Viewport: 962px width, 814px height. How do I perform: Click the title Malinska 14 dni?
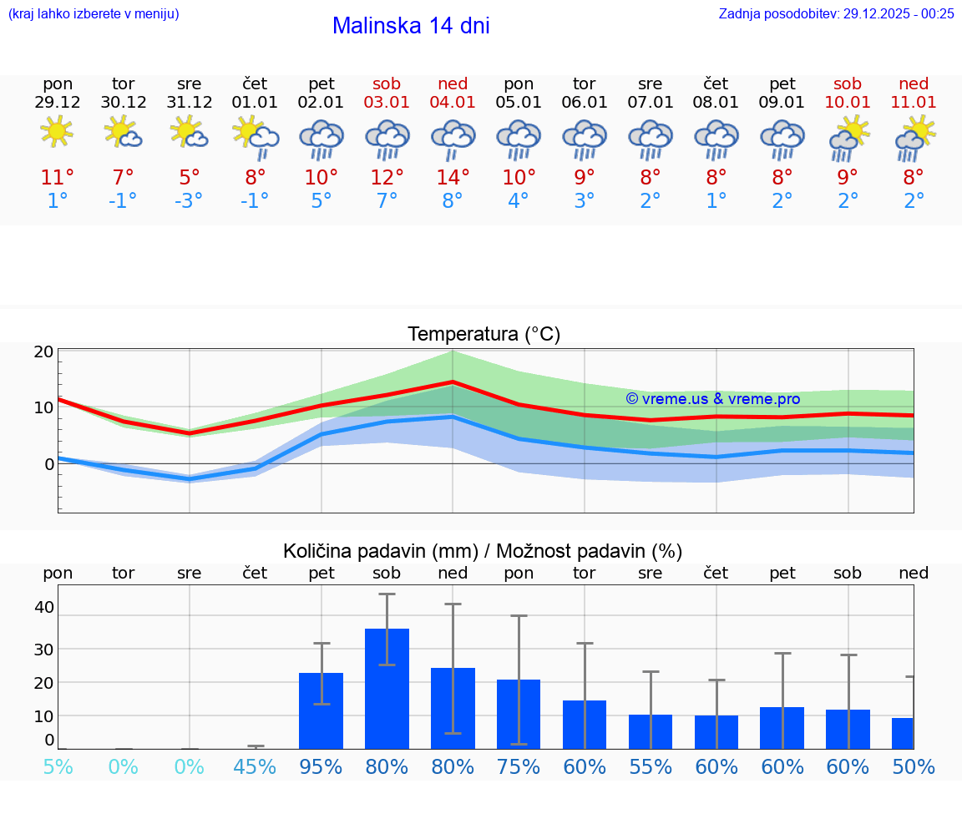coord(411,26)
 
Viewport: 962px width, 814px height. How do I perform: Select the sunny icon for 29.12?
coord(57,132)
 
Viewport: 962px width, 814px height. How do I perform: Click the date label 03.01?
coord(387,103)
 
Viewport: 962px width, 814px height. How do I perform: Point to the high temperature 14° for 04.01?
coord(452,177)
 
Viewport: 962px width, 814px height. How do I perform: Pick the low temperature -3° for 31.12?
coord(189,201)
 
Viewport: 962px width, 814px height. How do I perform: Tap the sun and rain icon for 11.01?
coord(914,138)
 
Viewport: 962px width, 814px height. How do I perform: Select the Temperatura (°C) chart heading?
coord(484,335)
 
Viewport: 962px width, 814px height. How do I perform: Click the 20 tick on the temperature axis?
coord(44,351)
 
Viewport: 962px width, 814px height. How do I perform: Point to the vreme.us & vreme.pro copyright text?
coord(712,399)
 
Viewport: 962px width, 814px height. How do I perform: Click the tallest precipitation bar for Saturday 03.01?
coord(387,688)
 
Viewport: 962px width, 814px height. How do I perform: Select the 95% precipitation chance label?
coord(321,766)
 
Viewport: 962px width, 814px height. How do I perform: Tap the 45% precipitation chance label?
coord(255,766)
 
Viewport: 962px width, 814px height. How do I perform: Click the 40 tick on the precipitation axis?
coord(44,607)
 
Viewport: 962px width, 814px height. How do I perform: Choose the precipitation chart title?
coord(483,551)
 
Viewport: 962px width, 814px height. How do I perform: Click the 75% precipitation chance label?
coord(519,766)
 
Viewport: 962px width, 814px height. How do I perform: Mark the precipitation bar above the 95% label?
coord(321,710)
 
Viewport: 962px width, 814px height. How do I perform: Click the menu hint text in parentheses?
coord(94,13)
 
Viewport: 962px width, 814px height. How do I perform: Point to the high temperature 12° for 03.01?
coord(387,177)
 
